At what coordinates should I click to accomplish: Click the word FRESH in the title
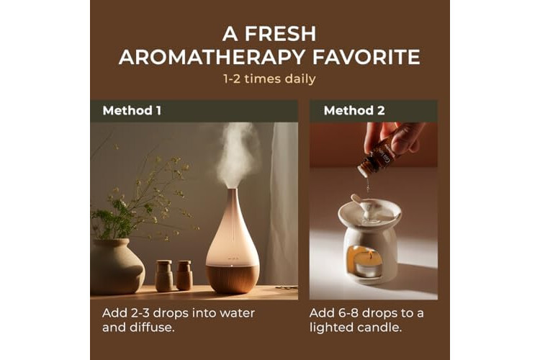pos(280,34)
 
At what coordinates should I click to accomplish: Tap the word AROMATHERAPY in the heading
pos(212,57)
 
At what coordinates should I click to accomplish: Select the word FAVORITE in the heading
pos(366,57)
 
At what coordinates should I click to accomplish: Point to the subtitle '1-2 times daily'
pos(269,79)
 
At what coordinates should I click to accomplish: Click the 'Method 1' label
pos(132,111)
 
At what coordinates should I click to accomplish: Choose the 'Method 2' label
pos(354,111)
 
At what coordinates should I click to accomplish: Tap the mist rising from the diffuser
pos(237,155)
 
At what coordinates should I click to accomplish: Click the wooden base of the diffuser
pos(233,279)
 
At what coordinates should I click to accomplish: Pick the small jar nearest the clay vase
pos(164,276)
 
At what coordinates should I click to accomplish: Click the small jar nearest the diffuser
pos(184,275)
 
